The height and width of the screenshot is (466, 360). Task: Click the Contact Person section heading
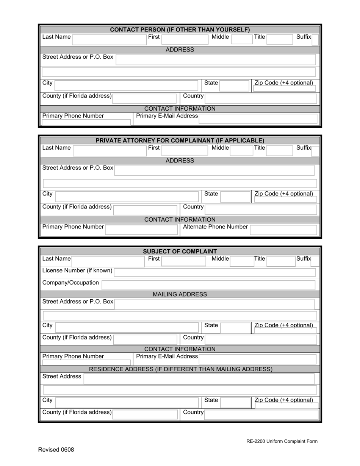[180, 30]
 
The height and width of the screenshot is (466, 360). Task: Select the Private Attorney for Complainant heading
[180, 141]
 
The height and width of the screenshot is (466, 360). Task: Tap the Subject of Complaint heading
[180, 252]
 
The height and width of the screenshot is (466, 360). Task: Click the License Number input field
[214, 272]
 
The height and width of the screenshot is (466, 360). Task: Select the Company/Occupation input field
[208, 285]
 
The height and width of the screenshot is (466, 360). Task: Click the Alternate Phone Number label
[215, 227]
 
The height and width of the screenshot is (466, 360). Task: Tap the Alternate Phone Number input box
[283, 229]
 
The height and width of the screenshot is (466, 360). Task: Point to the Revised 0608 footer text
[56, 450]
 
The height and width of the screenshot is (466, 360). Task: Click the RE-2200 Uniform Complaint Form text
[282, 441]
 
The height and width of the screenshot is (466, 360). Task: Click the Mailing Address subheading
[180, 294]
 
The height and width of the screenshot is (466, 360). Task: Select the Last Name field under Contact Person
[108, 39]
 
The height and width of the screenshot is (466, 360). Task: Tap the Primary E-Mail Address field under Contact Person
[258, 118]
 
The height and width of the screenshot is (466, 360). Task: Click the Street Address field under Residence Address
[199, 378]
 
